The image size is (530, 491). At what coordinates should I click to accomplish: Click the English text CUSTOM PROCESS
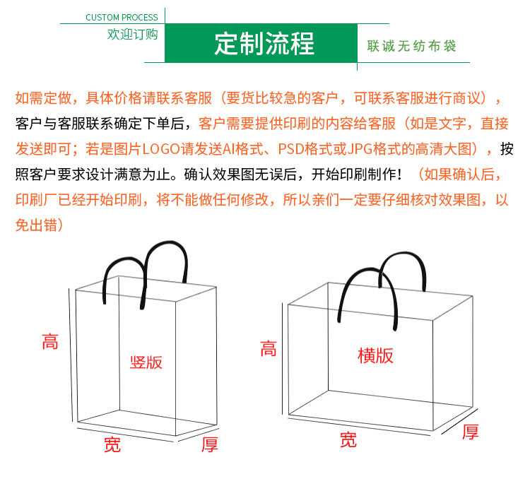(122, 17)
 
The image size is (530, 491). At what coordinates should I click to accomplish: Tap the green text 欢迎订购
(133, 34)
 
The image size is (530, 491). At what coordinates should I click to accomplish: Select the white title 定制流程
(264, 44)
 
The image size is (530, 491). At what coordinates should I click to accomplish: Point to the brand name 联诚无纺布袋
(411, 46)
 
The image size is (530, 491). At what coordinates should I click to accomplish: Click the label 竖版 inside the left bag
(146, 362)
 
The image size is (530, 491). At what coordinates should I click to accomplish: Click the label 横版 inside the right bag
(375, 356)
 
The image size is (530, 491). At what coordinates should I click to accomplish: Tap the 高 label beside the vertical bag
(50, 341)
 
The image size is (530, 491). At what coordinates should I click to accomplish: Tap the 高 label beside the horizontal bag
(269, 348)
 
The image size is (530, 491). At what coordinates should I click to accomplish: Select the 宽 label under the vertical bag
(112, 444)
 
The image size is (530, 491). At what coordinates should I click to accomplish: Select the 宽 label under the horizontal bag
(348, 439)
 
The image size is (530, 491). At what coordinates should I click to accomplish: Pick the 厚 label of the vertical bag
(210, 444)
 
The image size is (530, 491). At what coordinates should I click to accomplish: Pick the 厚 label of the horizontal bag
(471, 432)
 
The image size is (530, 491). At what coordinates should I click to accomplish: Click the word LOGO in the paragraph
(161, 149)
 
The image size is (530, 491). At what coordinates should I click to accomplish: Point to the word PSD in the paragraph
(290, 149)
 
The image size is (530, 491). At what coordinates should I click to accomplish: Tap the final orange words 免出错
(37, 225)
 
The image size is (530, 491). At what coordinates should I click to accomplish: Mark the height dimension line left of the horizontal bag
(282, 359)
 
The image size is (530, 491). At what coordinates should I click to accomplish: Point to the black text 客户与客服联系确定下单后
(100, 124)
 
